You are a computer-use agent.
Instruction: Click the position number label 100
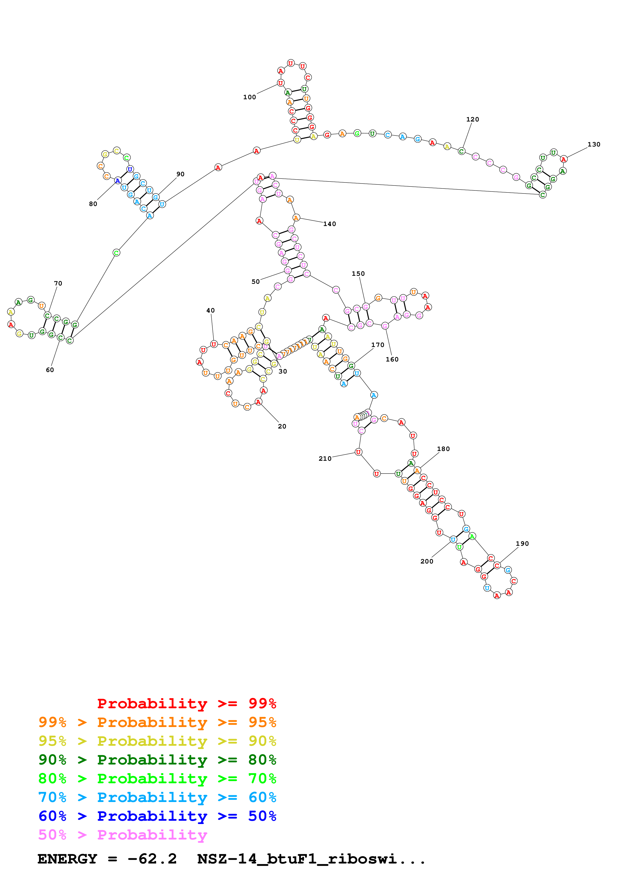click(249, 97)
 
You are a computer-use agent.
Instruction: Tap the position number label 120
click(472, 119)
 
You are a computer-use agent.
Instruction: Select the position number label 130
click(594, 144)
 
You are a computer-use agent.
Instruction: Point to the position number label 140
click(329, 224)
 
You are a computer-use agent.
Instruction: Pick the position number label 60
click(50, 370)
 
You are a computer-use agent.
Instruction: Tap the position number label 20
click(282, 426)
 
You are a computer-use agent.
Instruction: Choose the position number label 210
click(325, 458)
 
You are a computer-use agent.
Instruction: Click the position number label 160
click(392, 359)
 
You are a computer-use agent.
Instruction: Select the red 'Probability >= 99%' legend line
click(186, 703)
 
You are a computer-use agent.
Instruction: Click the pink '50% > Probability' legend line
click(122, 834)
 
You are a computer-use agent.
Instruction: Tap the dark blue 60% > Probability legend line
click(157, 816)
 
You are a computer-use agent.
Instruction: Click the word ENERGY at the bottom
click(67, 859)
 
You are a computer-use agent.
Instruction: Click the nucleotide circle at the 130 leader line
click(563, 159)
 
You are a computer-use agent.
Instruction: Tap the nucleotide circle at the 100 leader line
click(280, 83)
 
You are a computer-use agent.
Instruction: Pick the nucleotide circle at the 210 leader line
click(358, 452)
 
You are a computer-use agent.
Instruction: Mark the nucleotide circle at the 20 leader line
click(259, 402)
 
